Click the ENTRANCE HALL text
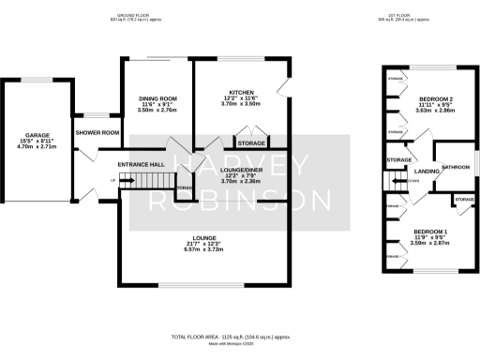[141, 164]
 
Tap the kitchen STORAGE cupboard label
[250, 143]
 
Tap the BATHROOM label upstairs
[456, 167]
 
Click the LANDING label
[427, 171]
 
